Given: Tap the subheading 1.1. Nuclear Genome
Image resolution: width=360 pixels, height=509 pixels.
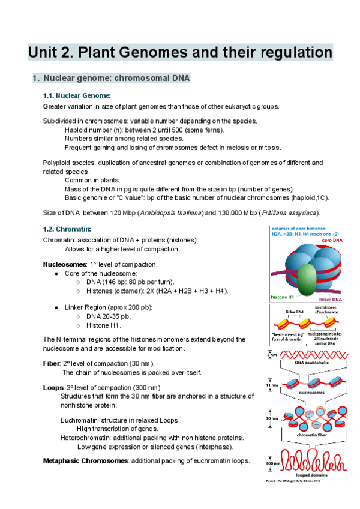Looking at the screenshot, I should (x=77, y=95).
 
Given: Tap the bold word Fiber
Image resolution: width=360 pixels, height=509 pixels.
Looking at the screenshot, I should (x=52, y=363).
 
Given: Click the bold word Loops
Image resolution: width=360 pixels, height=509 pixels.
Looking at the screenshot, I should (x=53, y=387).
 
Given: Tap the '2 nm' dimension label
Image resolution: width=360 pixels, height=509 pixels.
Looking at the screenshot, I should (x=272, y=355).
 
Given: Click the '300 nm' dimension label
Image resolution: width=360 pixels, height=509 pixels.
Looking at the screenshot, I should (x=272, y=463).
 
